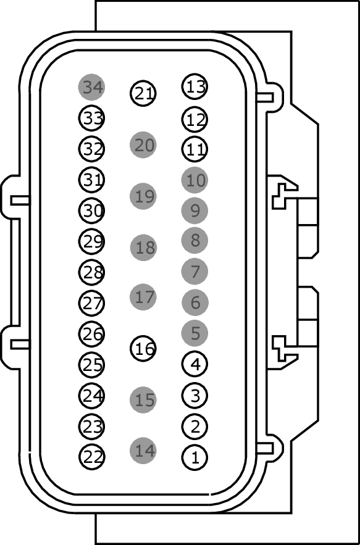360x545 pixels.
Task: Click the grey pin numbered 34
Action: pos(91,87)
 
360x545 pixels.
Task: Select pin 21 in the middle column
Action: pos(143,93)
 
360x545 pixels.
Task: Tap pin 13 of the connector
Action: pos(195,86)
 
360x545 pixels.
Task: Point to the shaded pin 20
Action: pos(143,144)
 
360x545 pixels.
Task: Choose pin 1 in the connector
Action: pos(195,457)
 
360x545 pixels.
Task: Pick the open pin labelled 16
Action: pos(143,348)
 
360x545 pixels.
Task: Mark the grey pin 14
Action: pos(143,451)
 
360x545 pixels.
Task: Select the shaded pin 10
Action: pos(195,180)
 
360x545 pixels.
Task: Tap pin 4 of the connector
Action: pos(195,364)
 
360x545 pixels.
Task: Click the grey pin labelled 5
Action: pos(195,333)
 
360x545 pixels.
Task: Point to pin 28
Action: pos(92,272)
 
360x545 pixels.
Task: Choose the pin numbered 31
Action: pos(92,180)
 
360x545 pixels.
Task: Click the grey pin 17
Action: pos(143,297)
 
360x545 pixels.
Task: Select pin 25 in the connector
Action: pos(92,365)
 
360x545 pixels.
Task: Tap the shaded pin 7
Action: pos(195,272)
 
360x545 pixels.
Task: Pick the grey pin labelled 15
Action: pos(143,400)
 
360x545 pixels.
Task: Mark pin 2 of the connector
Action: pos(195,426)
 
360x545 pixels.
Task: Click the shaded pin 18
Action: pos(143,248)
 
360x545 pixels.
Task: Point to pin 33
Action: pos(92,118)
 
